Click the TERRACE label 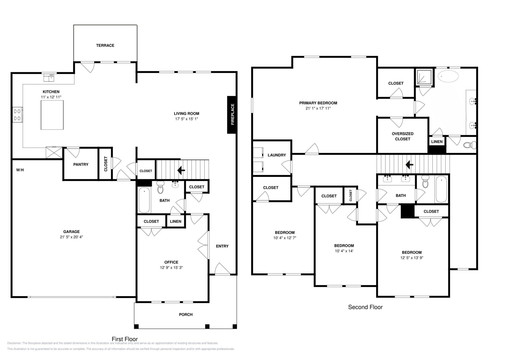(105, 46)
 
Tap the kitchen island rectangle (52, 115)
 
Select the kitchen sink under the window (49, 78)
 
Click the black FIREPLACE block (231, 115)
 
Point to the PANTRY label (81, 164)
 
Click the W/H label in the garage (20, 170)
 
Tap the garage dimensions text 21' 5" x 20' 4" (71, 237)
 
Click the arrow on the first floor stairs (181, 170)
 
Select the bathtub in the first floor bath (144, 200)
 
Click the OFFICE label (171, 262)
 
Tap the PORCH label (186, 314)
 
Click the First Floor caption (125, 339)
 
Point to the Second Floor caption (365, 307)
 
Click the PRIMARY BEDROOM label (318, 103)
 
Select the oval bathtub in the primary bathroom (448, 76)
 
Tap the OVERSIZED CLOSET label (403, 136)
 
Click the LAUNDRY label (277, 155)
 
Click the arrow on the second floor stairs (409, 165)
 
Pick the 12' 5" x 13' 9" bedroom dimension (412, 258)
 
